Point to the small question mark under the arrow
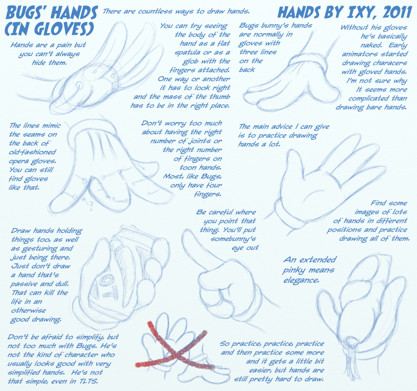[91, 206]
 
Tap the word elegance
[301, 281]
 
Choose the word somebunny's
[233, 239]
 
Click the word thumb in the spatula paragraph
[219, 97]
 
